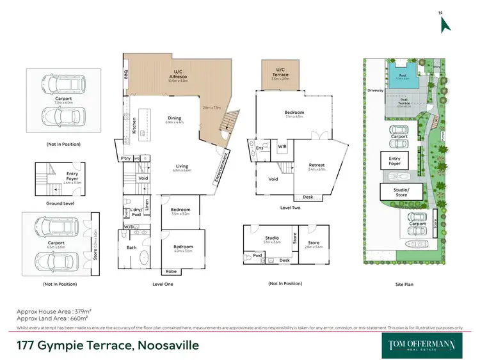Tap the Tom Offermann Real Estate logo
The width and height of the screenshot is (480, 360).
423,345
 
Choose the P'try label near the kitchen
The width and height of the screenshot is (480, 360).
126,158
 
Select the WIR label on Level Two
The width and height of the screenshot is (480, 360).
282,146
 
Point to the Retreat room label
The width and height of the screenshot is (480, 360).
317,165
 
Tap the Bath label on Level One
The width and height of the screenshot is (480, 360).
132,247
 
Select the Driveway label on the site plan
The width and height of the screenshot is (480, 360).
375,90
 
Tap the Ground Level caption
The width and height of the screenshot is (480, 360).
60,203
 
